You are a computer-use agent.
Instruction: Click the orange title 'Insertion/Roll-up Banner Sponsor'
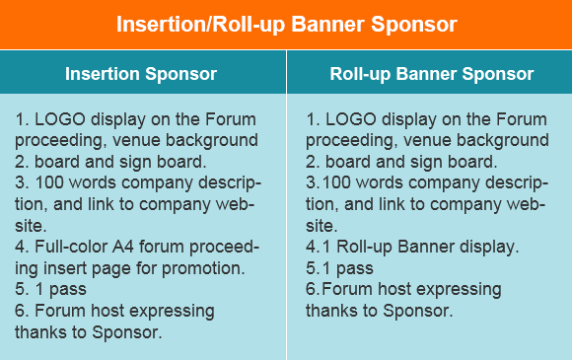pos(286,24)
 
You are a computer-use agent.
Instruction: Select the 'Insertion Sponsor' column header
pos(141,74)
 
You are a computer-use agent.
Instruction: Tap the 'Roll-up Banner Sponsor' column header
pos(431,74)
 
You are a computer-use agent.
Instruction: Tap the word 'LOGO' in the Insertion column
pos(56,119)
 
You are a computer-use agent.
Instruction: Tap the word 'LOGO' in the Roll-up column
pos(346,119)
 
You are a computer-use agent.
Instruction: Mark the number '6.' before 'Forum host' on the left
pos(22,312)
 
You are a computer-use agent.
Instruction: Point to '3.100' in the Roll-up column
pos(325,183)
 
